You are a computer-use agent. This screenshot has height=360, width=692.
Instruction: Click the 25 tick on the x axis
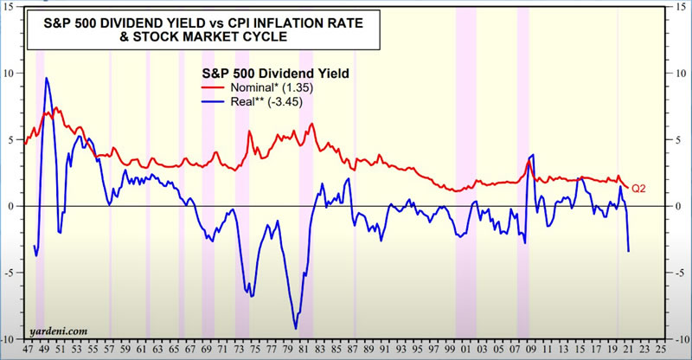pyautogui.click(x=661, y=350)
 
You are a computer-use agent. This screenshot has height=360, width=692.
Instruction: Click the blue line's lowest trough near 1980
pyautogui.click(x=296, y=328)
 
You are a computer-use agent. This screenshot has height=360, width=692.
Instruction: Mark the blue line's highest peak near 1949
pyautogui.click(x=47, y=79)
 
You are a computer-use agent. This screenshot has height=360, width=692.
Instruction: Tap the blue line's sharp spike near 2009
pyautogui.click(x=532, y=155)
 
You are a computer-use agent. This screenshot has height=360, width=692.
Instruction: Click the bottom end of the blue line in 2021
pyautogui.click(x=628, y=251)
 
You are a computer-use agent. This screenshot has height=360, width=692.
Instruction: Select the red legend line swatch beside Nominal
pyautogui.click(x=213, y=87)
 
